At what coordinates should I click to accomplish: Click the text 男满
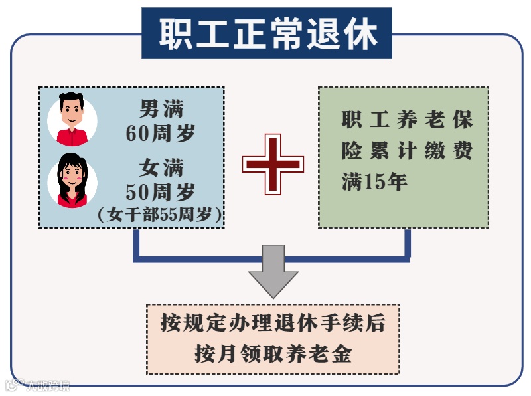click(160, 108)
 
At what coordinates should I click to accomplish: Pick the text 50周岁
click(160, 192)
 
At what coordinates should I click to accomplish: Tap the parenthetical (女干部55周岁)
click(160, 215)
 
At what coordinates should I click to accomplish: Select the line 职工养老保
click(407, 120)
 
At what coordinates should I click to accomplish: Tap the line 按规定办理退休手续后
click(272, 324)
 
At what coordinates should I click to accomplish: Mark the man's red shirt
click(72, 137)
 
